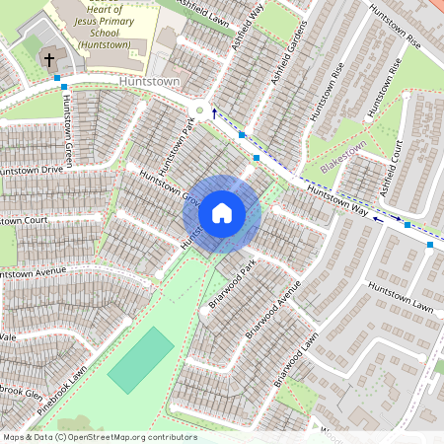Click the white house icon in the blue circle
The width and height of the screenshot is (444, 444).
222,213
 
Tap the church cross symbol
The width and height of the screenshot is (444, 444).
48,60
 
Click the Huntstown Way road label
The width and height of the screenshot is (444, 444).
336,195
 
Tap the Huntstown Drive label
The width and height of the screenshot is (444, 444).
32,170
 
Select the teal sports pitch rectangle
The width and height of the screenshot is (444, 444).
140,359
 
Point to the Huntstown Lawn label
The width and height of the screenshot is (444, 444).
401,296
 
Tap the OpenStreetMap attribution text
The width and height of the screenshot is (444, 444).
99,436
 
